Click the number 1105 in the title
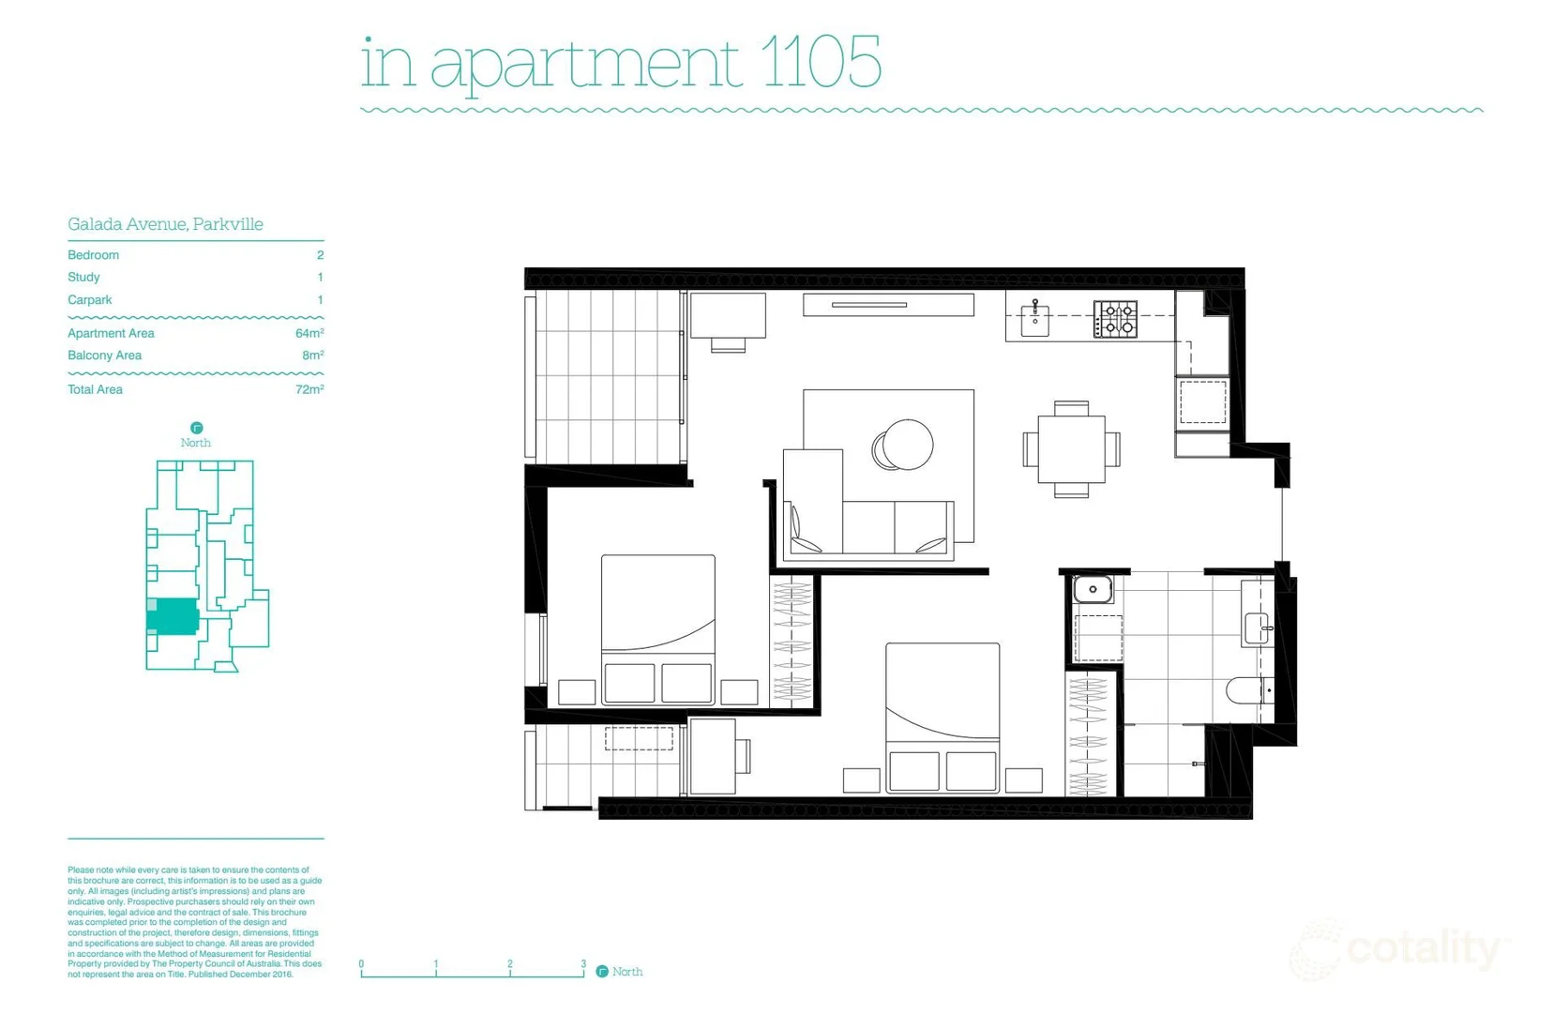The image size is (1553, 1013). [821, 62]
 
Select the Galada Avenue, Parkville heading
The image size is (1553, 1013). [165, 224]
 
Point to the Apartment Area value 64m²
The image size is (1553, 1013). [309, 333]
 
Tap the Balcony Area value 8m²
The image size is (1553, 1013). [312, 355]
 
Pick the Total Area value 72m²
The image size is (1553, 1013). [309, 389]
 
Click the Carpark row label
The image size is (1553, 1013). [90, 300]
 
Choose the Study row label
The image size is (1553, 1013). [83, 278]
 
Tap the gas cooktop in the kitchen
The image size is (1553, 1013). [1115, 319]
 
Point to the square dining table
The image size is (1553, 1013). [1071, 448]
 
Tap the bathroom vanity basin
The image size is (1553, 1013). [1256, 627]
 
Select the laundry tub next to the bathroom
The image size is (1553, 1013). [1093, 589]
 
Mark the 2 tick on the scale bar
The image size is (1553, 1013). [509, 964]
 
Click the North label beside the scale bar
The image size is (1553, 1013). [626, 972]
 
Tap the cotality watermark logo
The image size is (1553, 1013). [1402, 950]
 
